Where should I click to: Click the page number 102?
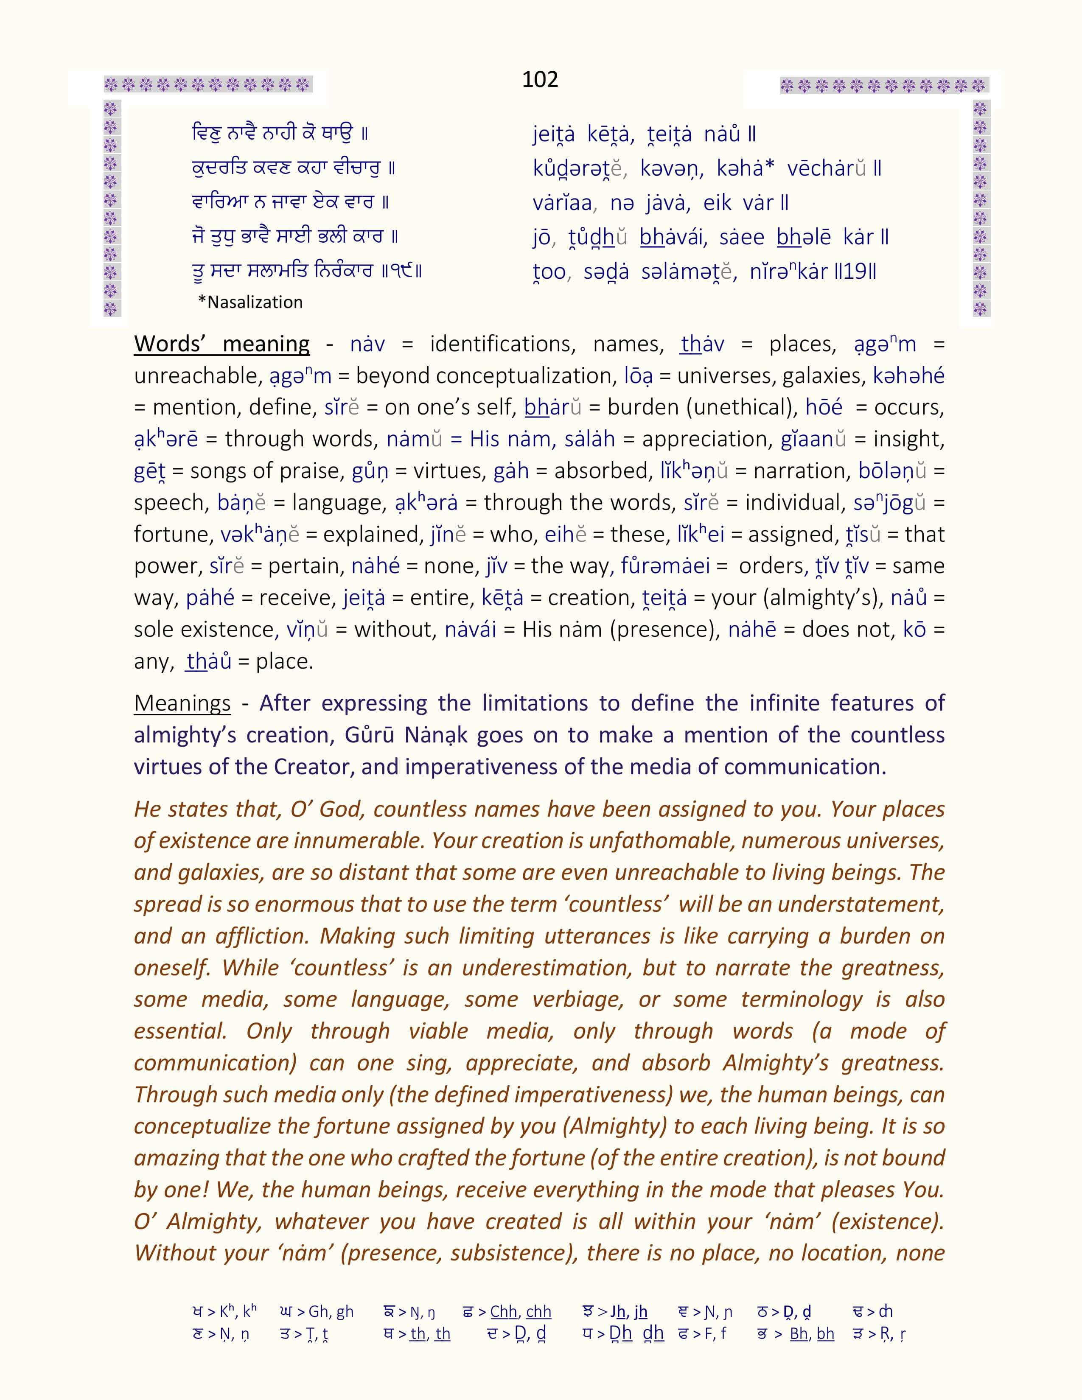click(540, 79)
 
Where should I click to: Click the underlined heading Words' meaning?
click(222, 344)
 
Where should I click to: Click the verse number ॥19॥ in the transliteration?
click(856, 272)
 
